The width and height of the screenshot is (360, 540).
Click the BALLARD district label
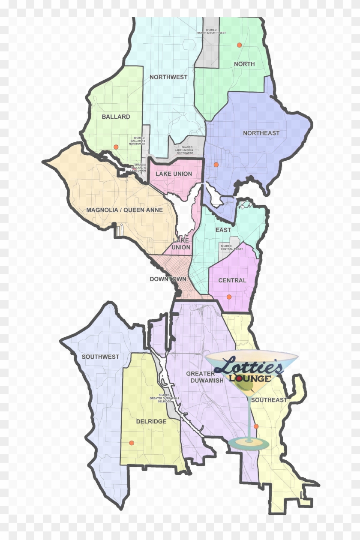[116, 117]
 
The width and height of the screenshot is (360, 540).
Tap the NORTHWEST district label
[168, 77]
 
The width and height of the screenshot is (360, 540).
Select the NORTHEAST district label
[261, 133]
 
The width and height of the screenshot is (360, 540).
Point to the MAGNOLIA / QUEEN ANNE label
[124, 210]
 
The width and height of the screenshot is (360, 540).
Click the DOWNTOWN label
[168, 279]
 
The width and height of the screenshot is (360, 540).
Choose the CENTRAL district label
[232, 280]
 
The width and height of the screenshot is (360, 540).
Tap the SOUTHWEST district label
[100, 357]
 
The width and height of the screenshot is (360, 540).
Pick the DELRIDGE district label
[151, 421]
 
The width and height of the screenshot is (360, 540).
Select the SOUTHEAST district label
[269, 400]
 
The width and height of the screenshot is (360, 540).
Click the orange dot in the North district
[239, 45]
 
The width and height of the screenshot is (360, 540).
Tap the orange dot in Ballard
[116, 147]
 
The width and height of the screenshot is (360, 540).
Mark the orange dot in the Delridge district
[132, 443]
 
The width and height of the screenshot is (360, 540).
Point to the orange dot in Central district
[229, 297]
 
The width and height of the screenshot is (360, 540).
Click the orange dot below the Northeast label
[216, 165]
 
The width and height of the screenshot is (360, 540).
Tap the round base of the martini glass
[249, 443]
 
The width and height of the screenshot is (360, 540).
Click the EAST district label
[223, 230]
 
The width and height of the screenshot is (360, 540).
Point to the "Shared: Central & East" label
[231, 247]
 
